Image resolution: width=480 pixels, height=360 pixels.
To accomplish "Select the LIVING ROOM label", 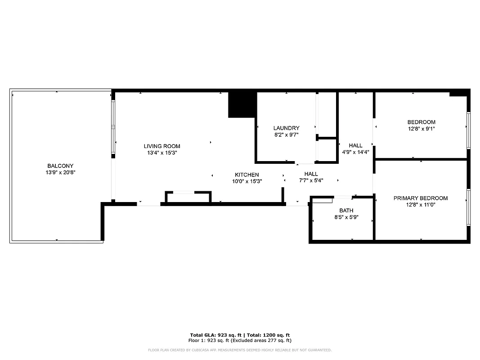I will (162, 146).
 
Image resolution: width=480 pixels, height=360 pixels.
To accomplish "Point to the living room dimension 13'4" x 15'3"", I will (162, 153).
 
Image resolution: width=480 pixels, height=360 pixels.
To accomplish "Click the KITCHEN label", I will (247, 175).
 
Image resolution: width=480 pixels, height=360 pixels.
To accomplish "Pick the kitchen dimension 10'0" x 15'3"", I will (247, 181).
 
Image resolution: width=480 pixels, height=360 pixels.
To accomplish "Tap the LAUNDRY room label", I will (286, 128).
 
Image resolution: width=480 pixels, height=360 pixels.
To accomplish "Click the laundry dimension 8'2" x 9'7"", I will (286, 135).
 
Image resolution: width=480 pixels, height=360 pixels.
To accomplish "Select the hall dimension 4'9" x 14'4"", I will (355, 152).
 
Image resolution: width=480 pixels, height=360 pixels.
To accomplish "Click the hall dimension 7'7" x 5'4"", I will (311, 180).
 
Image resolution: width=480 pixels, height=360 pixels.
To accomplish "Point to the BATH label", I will (346, 210).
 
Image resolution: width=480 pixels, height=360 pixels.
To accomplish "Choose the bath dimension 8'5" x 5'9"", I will (346, 217).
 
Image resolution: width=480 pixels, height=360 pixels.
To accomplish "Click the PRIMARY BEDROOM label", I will (421, 198).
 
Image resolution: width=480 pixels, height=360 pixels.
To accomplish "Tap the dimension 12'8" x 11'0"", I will (421, 205).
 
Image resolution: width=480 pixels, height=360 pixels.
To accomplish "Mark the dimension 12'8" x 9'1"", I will (421, 129).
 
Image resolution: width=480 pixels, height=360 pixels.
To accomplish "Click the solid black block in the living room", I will (242, 104).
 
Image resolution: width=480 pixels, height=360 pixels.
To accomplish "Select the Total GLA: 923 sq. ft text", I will (215, 335).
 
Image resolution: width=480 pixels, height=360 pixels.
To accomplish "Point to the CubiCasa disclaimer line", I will (240, 350).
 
